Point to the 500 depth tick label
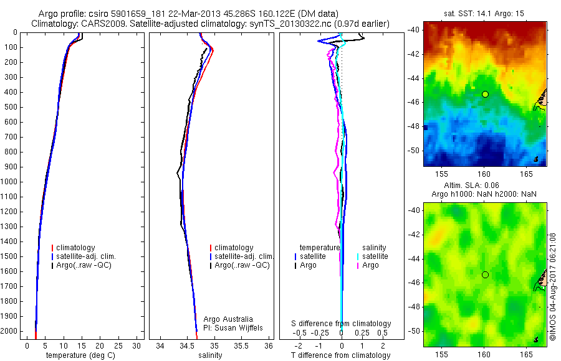click(11, 107)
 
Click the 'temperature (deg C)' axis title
click(79, 355)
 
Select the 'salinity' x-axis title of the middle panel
click(209, 355)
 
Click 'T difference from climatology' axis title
click(340, 355)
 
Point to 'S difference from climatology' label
click(341, 324)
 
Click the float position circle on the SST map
click(485, 94)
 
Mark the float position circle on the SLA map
click(485, 274)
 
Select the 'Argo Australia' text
click(228, 319)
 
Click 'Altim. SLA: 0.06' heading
click(484, 186)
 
